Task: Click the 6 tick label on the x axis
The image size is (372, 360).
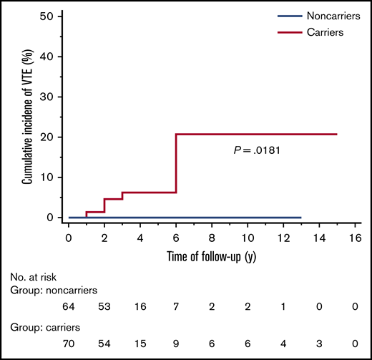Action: [176, 235]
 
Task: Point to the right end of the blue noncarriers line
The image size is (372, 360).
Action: [301, 217]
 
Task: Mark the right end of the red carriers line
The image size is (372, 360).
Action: [337, 134]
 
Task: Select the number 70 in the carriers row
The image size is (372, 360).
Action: [69, 343]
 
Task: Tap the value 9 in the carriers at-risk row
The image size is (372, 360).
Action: [176, 343]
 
